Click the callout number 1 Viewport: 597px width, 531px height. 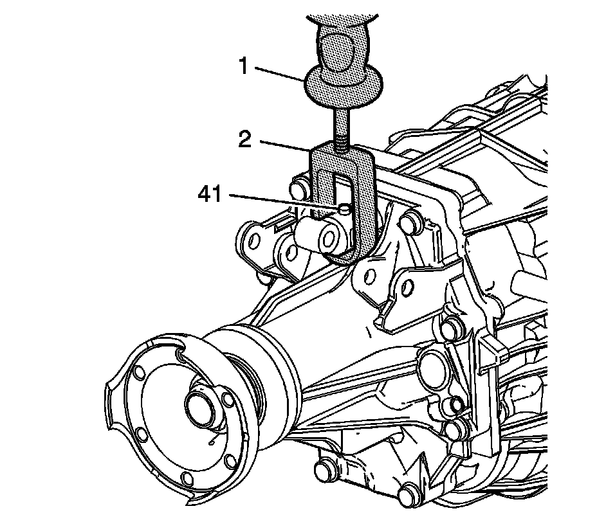pos(244,66)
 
